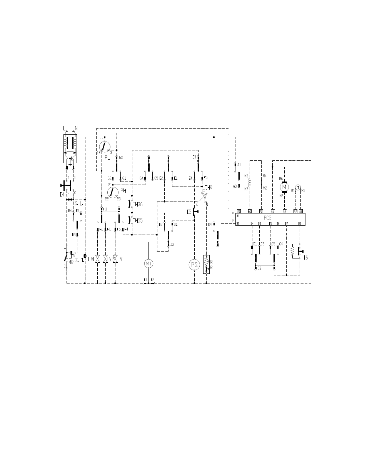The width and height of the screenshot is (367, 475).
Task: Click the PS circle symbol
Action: (x=194, y=265)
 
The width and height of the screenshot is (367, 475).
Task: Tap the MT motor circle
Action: (x=148, y=263)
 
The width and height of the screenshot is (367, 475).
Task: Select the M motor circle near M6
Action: (x=285, y=187)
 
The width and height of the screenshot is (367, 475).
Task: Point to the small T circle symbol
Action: (x=297, y=187)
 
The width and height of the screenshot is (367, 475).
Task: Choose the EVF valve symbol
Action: (x=97, y=260)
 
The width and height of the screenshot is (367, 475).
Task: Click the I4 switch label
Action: (x=62, y=195)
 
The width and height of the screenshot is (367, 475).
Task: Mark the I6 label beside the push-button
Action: (x=305, y=258)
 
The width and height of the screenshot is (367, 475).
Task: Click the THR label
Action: (x=209, y=187)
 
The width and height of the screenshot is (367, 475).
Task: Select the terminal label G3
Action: (x=121, y=158)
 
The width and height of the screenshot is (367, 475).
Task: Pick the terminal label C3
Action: (x=259, y=268)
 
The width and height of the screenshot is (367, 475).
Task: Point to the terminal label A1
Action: (x=239, y=165)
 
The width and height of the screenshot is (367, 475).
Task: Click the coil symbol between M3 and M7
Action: (x=250, y=182)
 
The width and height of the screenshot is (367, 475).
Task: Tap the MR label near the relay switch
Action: (x=71, y=262)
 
